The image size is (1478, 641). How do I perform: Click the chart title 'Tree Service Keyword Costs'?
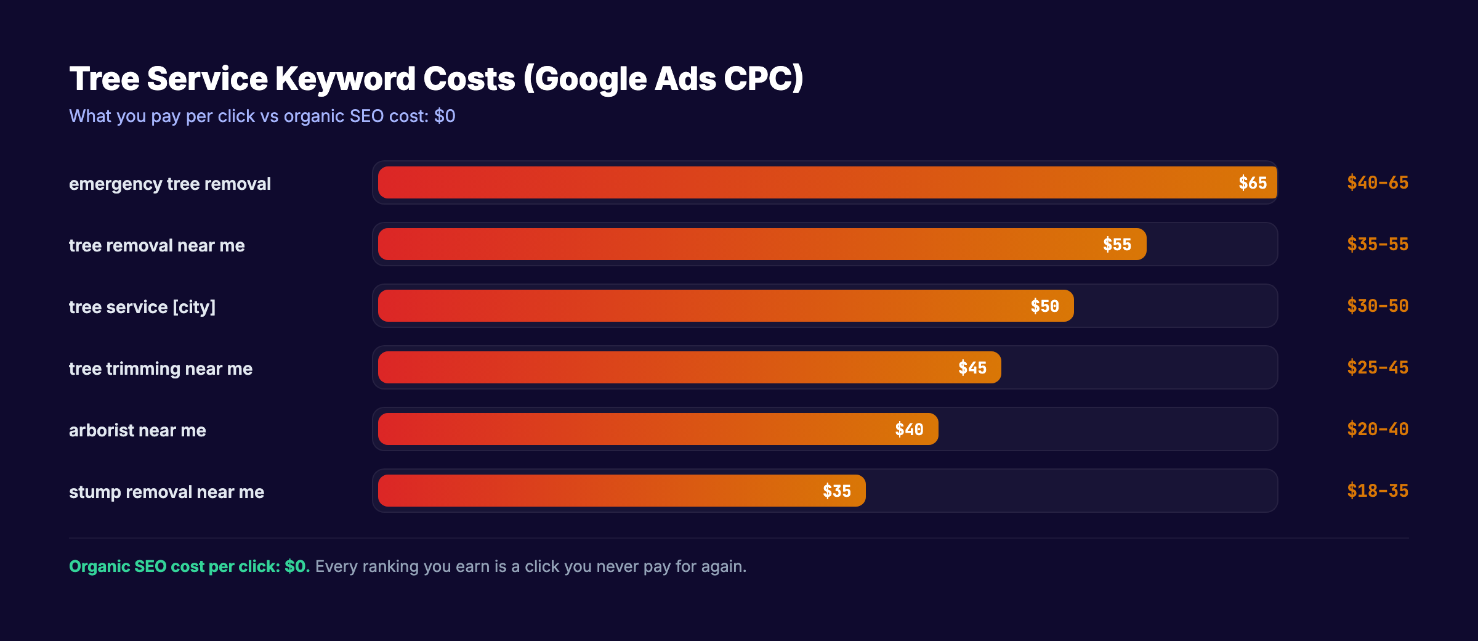(436, 79)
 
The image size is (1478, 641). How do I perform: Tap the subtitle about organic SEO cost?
(262, 116)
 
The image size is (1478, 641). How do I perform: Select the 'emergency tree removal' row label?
(169, 184)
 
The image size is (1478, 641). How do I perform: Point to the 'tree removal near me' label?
(156, 245)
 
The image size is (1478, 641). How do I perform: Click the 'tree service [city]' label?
(142, 307)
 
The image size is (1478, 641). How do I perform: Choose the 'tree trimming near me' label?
(160, 369)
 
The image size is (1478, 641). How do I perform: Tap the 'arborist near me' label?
(137, 430)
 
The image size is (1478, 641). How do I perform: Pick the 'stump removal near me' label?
(166, 492)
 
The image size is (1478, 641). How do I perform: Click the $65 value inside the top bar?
(1252, 183)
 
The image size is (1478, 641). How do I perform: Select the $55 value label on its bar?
(1117, 245)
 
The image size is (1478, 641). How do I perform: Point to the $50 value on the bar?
(1044, 306)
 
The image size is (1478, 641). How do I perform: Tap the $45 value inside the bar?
(972, 368)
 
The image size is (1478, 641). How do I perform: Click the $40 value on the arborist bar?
(909, 430)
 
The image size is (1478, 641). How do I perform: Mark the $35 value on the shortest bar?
(836, 491)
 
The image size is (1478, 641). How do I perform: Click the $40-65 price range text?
(1377, 183)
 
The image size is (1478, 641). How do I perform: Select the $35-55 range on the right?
(1377, 245)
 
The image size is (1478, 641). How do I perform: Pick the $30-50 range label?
(1377, 306)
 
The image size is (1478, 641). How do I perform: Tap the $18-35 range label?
(1377, 491)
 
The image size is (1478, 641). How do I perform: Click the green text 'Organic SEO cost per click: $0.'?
(189, 566)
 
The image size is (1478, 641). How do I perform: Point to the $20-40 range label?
(1377, 430)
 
